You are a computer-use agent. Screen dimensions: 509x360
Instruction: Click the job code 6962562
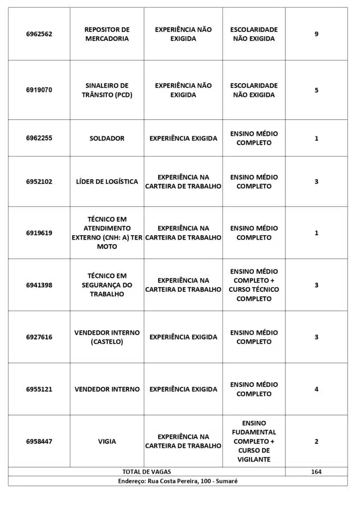coord(39,34)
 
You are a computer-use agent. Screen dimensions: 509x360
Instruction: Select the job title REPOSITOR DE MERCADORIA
coord(107,34)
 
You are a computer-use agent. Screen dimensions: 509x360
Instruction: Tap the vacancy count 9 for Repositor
coord(316,34)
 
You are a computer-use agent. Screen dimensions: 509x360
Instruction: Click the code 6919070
coord(39,90)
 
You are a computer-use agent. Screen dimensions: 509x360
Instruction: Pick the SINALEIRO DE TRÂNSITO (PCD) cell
coord(107,90)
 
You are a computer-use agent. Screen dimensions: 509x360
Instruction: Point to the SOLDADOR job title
coord(107,138)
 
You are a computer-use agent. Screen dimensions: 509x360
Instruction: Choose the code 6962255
coord(39,138)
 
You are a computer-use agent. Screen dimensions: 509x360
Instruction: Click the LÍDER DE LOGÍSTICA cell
coord(107,181)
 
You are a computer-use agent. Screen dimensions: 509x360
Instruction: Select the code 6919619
coord(39,233)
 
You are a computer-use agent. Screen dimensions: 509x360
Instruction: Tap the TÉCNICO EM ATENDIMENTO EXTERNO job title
coord(107,233)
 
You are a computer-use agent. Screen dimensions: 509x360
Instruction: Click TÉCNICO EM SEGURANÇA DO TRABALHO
coord(107,285)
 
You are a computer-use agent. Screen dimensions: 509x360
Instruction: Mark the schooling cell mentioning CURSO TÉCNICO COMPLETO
coord(254,285)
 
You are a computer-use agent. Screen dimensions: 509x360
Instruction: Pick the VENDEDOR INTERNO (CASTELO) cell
coord(107,337)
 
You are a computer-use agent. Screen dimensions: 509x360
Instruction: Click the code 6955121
coord(39,389)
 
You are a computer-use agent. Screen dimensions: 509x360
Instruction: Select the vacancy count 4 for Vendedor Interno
coord(316,389)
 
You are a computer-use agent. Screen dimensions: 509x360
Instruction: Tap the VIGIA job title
coord(107,441)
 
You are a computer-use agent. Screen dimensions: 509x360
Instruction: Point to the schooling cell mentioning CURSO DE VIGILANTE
coord(254,441)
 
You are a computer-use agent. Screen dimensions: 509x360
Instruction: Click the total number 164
coord(316,472)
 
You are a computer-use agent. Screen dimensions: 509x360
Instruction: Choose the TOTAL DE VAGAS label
coord(146,472)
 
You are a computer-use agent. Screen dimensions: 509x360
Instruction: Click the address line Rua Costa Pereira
coord(178,481)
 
